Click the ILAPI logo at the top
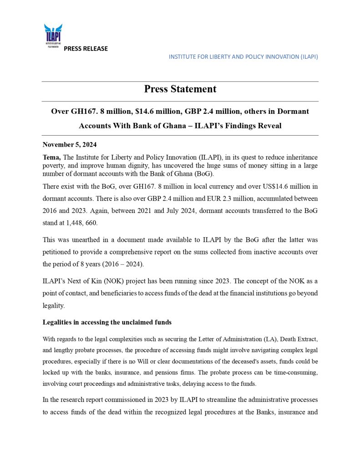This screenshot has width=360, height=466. [53, 35]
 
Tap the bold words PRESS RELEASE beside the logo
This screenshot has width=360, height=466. [86, 49]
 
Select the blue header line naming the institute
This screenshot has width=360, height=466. [243, 57]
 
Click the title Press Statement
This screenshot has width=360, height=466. [180, 89]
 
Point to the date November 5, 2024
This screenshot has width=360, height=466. [70, 145]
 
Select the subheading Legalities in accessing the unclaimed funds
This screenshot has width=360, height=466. [107, 322]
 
